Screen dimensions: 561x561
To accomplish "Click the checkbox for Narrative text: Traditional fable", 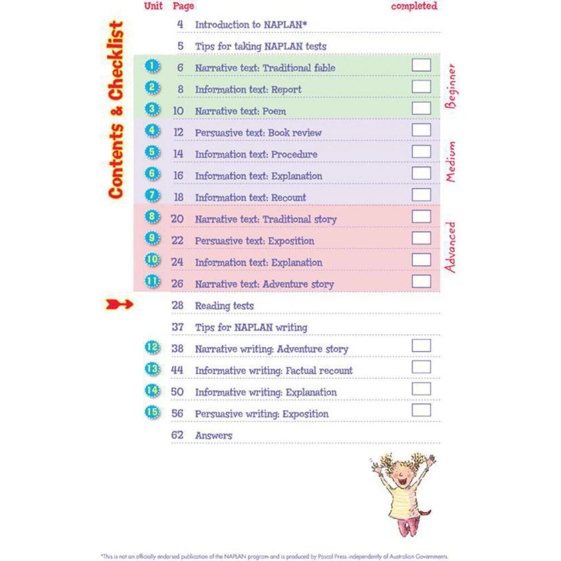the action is coord(421,65).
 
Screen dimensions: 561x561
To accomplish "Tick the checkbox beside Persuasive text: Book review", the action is coord(421,130).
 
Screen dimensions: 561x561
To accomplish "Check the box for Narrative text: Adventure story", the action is coord(421,281).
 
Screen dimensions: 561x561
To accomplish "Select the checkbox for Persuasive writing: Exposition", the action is coord(421,410).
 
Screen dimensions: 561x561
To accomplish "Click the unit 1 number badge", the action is coord(152,67).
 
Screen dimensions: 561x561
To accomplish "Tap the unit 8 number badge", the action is coord(152,217).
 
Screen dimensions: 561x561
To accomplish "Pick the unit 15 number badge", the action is coord(152,412).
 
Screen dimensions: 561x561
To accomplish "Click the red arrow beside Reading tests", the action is coord(119,305).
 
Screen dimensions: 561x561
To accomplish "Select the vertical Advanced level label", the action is coord(450,247).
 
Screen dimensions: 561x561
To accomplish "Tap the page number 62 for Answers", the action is coord(177,435).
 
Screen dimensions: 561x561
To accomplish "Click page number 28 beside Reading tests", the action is coord(178,306).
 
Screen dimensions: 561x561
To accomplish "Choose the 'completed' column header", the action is coord(414,6).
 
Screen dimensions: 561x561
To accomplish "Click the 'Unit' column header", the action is coord(153,6).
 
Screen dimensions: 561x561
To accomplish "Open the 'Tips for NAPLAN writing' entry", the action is coord(251,327).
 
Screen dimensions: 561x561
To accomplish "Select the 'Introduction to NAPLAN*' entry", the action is coord(251,25).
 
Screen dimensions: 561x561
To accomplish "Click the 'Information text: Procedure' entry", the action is coord(256,154).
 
